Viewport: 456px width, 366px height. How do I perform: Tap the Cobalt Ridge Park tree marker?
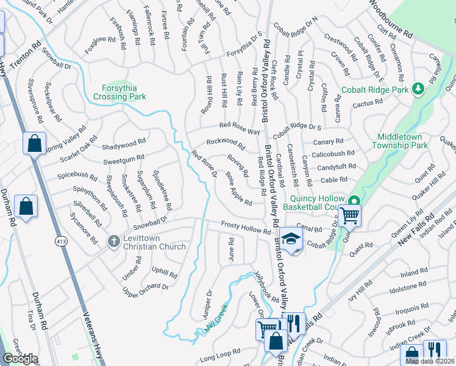tap(418, 90)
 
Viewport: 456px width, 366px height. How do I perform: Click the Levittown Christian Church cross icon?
tap(113, 242)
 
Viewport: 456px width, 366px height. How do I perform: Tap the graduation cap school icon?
tap(291, 239)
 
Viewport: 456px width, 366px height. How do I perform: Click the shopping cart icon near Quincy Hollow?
tap(350, 215)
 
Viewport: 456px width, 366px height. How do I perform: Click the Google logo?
tap(20, 359)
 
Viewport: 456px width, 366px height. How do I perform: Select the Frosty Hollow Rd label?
tap(246, 228)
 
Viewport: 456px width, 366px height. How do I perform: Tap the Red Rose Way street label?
tap(240, 129)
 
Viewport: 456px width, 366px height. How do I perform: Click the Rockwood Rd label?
tap(225, 144)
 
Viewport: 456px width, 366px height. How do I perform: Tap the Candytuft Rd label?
tap(337, 167)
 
